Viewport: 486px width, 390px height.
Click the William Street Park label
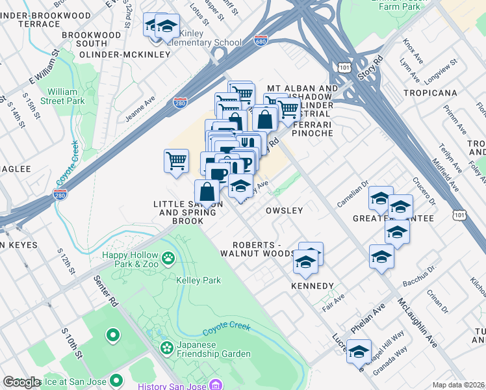pyautogui.click(x=66, y=96)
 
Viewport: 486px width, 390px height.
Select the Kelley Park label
pyautogui.click(x=198, y=280)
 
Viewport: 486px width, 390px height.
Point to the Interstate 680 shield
pyautogui.click(x=261, y=40)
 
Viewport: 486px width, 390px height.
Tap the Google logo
pyautogui.click(x=21, y=382)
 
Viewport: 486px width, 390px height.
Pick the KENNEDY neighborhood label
pyautogui.click(x=313, y=286)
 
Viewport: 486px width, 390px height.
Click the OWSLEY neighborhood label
pyautogui.click(x=285, y=211)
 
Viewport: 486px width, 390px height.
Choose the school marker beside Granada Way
pyautogui.click(x=359, y=351)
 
